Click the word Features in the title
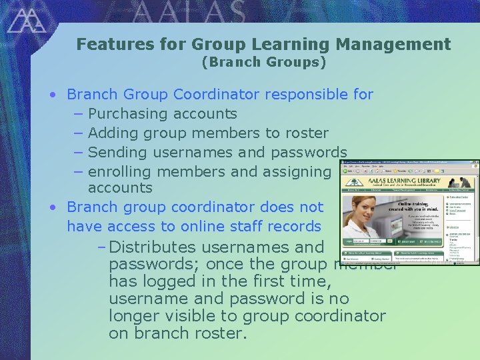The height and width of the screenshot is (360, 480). (103, 45)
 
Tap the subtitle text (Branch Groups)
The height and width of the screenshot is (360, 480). (264, 63)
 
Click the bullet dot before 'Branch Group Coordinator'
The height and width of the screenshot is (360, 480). (53, 95)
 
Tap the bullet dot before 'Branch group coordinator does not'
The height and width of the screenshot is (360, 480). (53, 207)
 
